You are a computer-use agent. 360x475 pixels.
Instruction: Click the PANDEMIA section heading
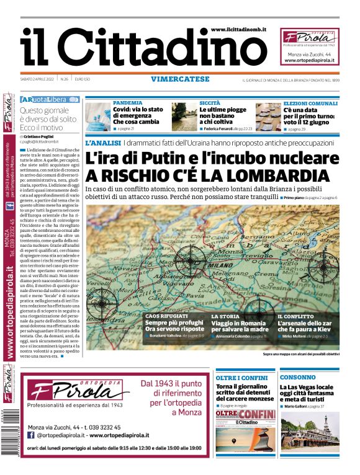[x=127, y=102]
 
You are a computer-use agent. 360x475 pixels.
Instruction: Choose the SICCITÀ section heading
[x=210, y=102]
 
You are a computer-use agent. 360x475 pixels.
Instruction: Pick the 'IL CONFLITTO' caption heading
[x=296, y=316]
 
